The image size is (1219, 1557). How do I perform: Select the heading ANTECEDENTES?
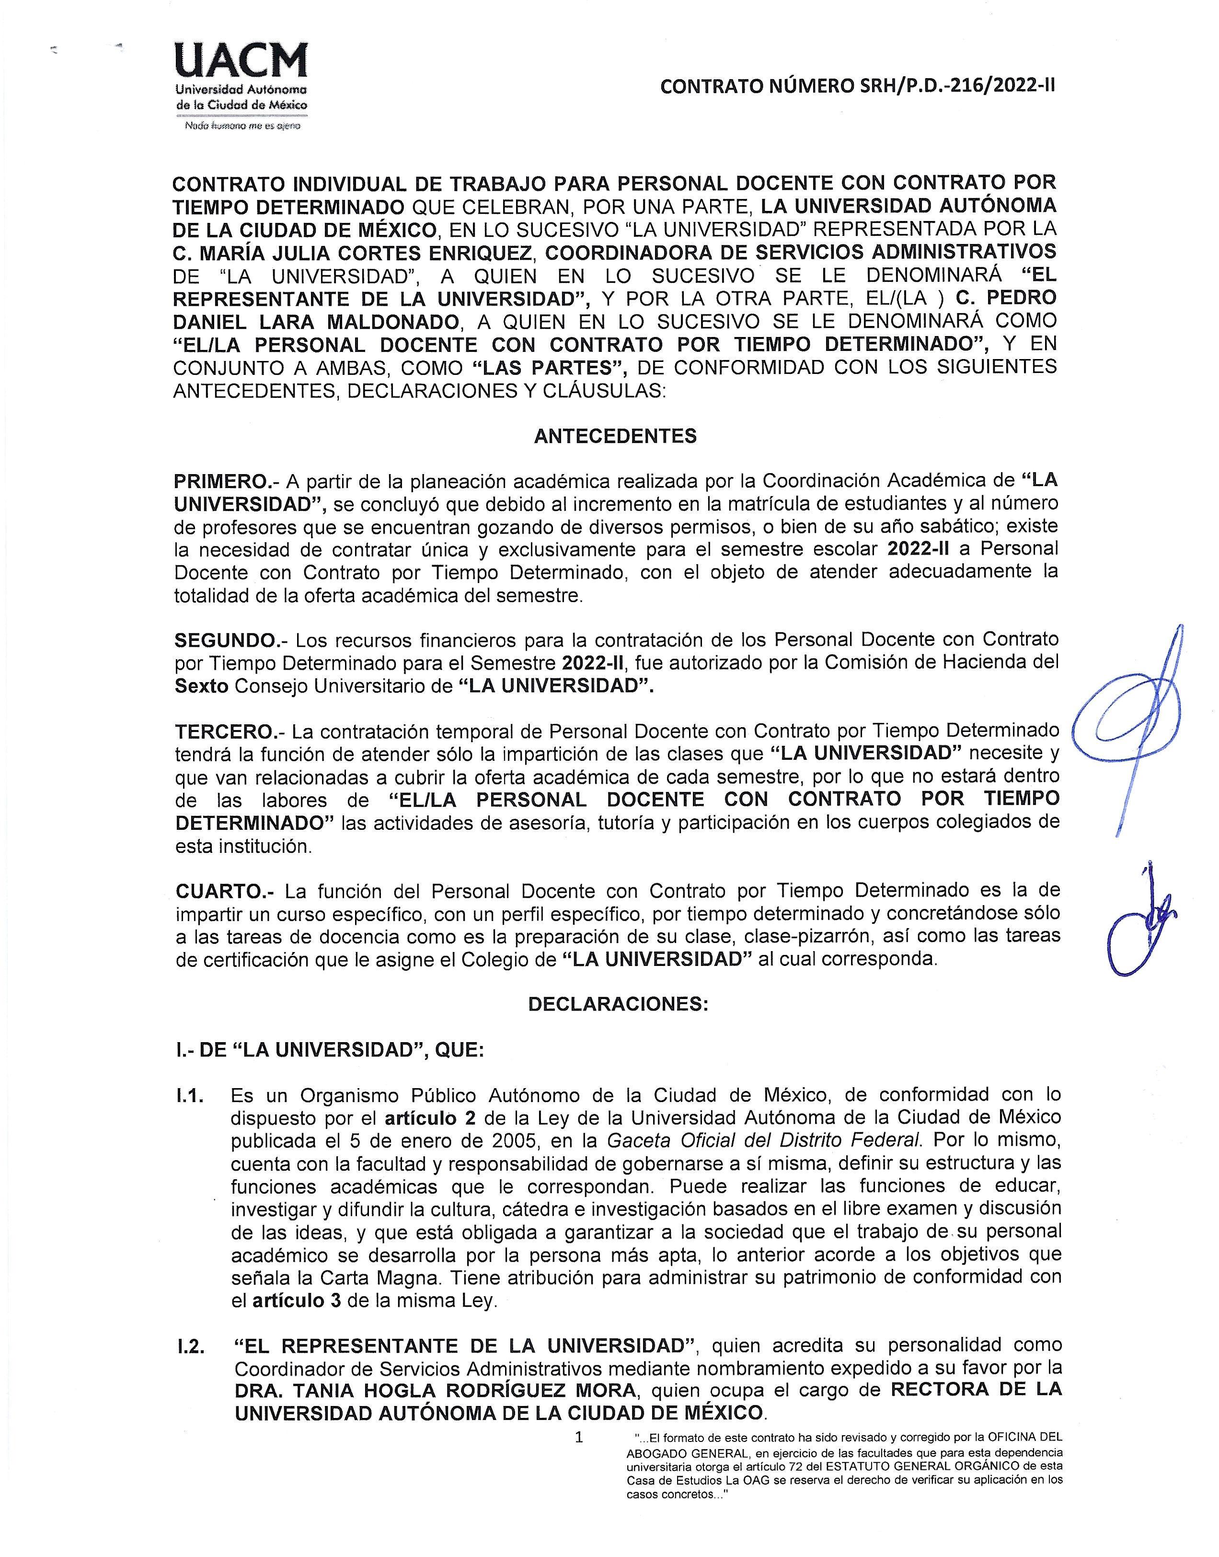(x=615, y=436)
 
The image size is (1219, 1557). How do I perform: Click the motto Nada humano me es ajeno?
(x=242, y=126)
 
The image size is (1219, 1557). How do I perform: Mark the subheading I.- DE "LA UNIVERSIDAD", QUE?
(x=330, y=1050)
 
